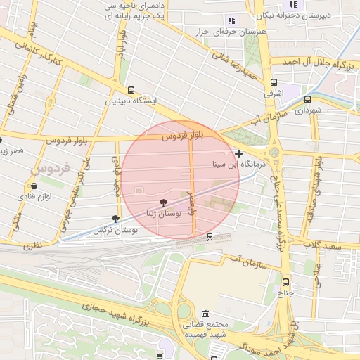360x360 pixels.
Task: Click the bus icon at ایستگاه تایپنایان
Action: pyautogui.click(x=131, y=90)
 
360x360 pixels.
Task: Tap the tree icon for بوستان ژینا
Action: pyautogui.click(x=164, y=202)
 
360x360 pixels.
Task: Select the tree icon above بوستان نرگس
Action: pyautogui.click(x=115, y=219)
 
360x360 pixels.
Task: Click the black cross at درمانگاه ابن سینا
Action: pyautogui.click(x=239, y=153)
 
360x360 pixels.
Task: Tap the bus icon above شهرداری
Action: pyautogui.click(x=307, y=99)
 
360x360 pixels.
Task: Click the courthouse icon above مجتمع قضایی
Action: pyautogui.click(x=205, y=314)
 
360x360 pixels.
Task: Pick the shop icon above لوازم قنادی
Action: pyautogui.click(x=33, y=186)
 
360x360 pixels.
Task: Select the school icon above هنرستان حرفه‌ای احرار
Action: pyautogui.click(x=232, y=20)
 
